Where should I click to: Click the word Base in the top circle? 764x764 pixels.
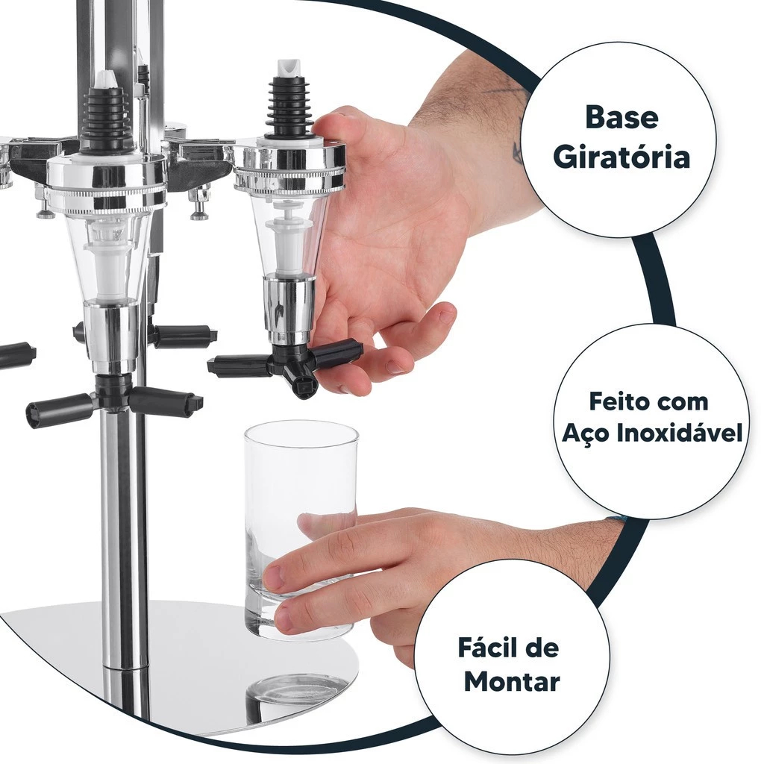point(621,117)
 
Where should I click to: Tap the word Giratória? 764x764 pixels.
point(621,157)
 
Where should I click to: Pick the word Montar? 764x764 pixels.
point(512,681)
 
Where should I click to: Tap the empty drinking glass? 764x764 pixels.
point(301,531)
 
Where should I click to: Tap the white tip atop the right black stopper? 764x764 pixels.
point(289,69)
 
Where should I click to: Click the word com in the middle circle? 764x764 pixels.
point(675,403)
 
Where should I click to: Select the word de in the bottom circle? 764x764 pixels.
point(543,648)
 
